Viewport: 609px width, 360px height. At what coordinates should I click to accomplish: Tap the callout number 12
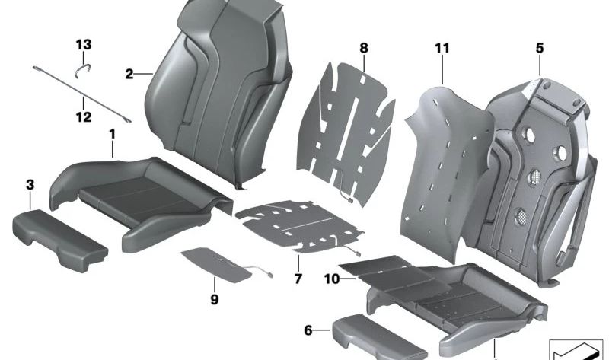[83, 117]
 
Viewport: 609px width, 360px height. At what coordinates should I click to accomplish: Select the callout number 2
[129, 74]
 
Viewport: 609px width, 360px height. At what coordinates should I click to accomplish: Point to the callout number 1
[112, 135]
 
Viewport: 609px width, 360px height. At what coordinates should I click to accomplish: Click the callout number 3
[30, 184]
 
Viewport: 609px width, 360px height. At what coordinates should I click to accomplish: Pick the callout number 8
[364, 48]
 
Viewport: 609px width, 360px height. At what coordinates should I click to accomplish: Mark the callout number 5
[539, 48]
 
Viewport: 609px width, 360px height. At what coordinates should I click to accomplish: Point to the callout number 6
[308, 330]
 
